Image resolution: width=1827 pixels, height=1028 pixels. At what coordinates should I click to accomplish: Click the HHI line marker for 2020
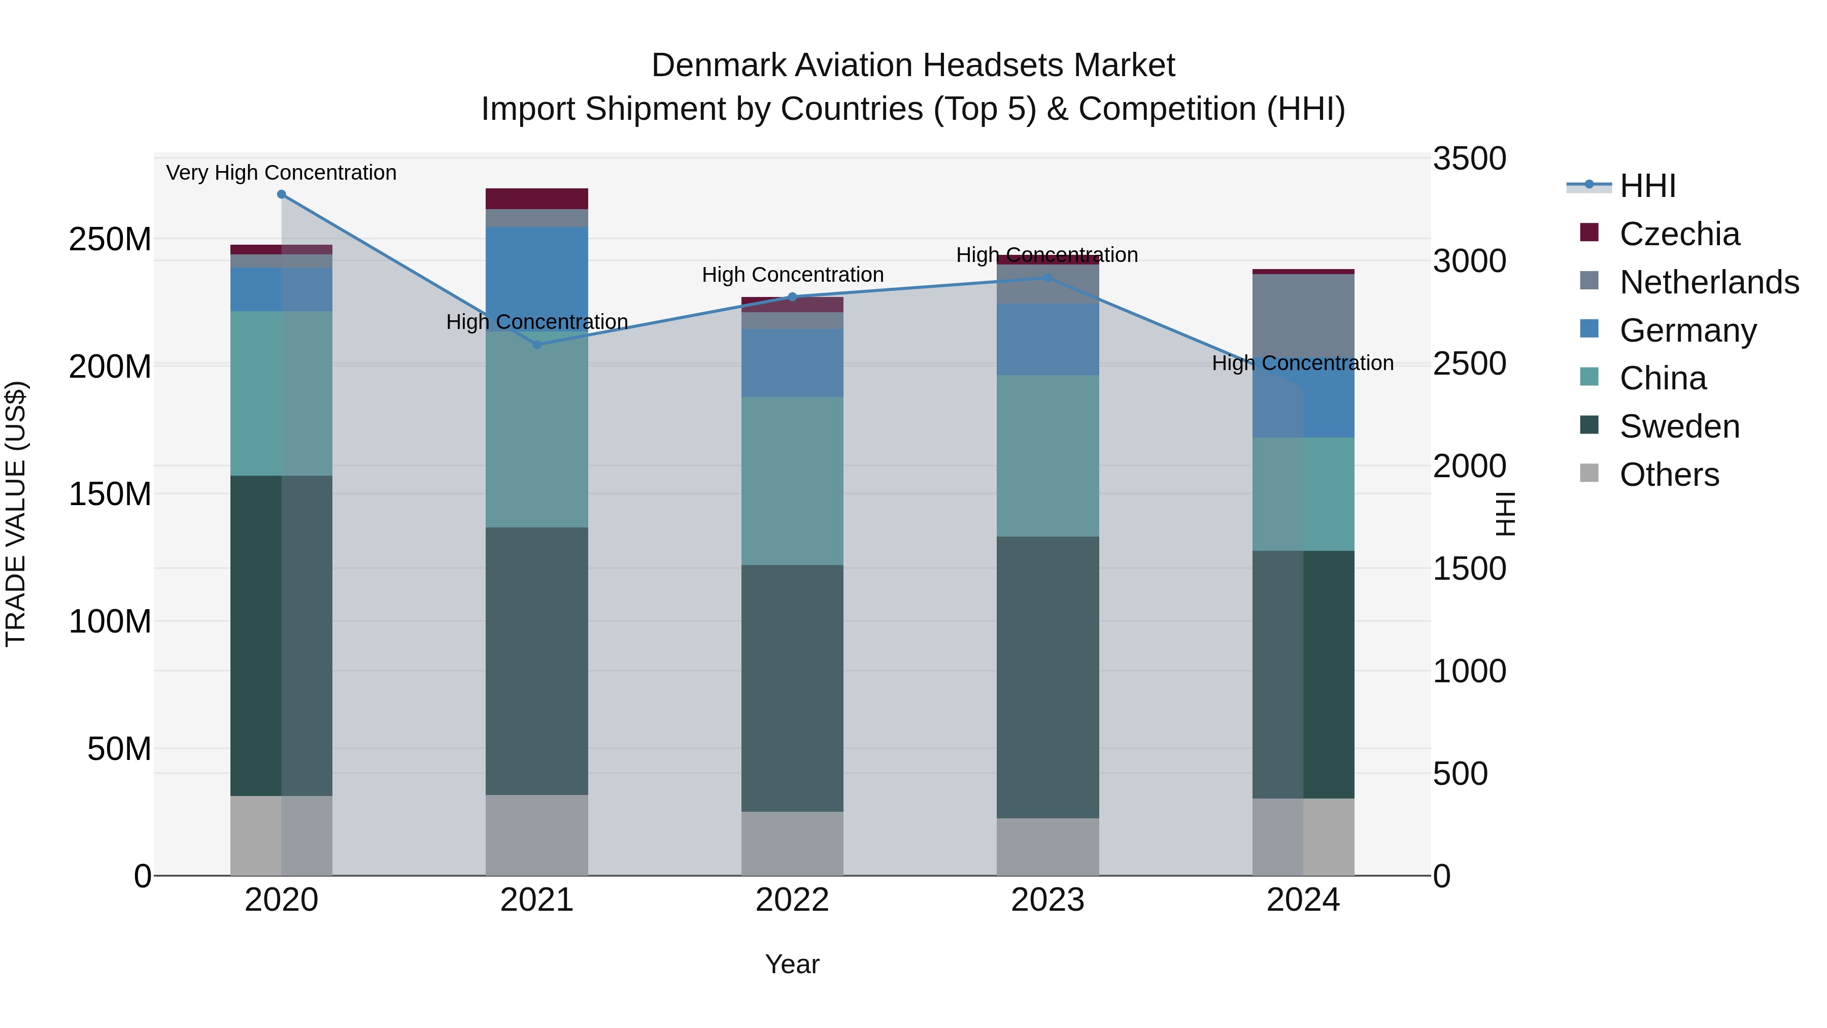tap(282, 194)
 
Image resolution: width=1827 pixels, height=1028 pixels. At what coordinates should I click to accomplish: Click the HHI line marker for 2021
tap(537, 345)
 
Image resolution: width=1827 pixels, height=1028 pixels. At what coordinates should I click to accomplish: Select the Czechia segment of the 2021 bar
tap(537, 198)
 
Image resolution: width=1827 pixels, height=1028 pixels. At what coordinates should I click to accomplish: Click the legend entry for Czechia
tap(1679, 234)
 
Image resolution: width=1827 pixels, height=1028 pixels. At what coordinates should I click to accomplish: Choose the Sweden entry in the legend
tap(1679, 426)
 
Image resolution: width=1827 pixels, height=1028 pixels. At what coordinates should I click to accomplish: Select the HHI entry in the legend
tap(1647, 186)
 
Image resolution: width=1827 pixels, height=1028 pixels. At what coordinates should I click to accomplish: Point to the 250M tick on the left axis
tap(110, 240)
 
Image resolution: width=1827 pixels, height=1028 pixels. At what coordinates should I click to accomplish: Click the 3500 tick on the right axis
tap(1469, 159)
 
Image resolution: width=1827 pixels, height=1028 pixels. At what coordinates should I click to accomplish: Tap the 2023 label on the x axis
tap(1047, 900)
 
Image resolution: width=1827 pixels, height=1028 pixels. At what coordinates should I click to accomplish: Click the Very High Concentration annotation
tap(282, 173)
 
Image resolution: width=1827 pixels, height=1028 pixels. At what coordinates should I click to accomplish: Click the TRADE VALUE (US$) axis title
tap(16, 514)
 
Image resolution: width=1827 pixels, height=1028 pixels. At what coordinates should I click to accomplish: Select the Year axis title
tap(792, 964)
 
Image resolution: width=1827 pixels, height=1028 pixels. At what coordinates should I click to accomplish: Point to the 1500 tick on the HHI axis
tap(1469, 569)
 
